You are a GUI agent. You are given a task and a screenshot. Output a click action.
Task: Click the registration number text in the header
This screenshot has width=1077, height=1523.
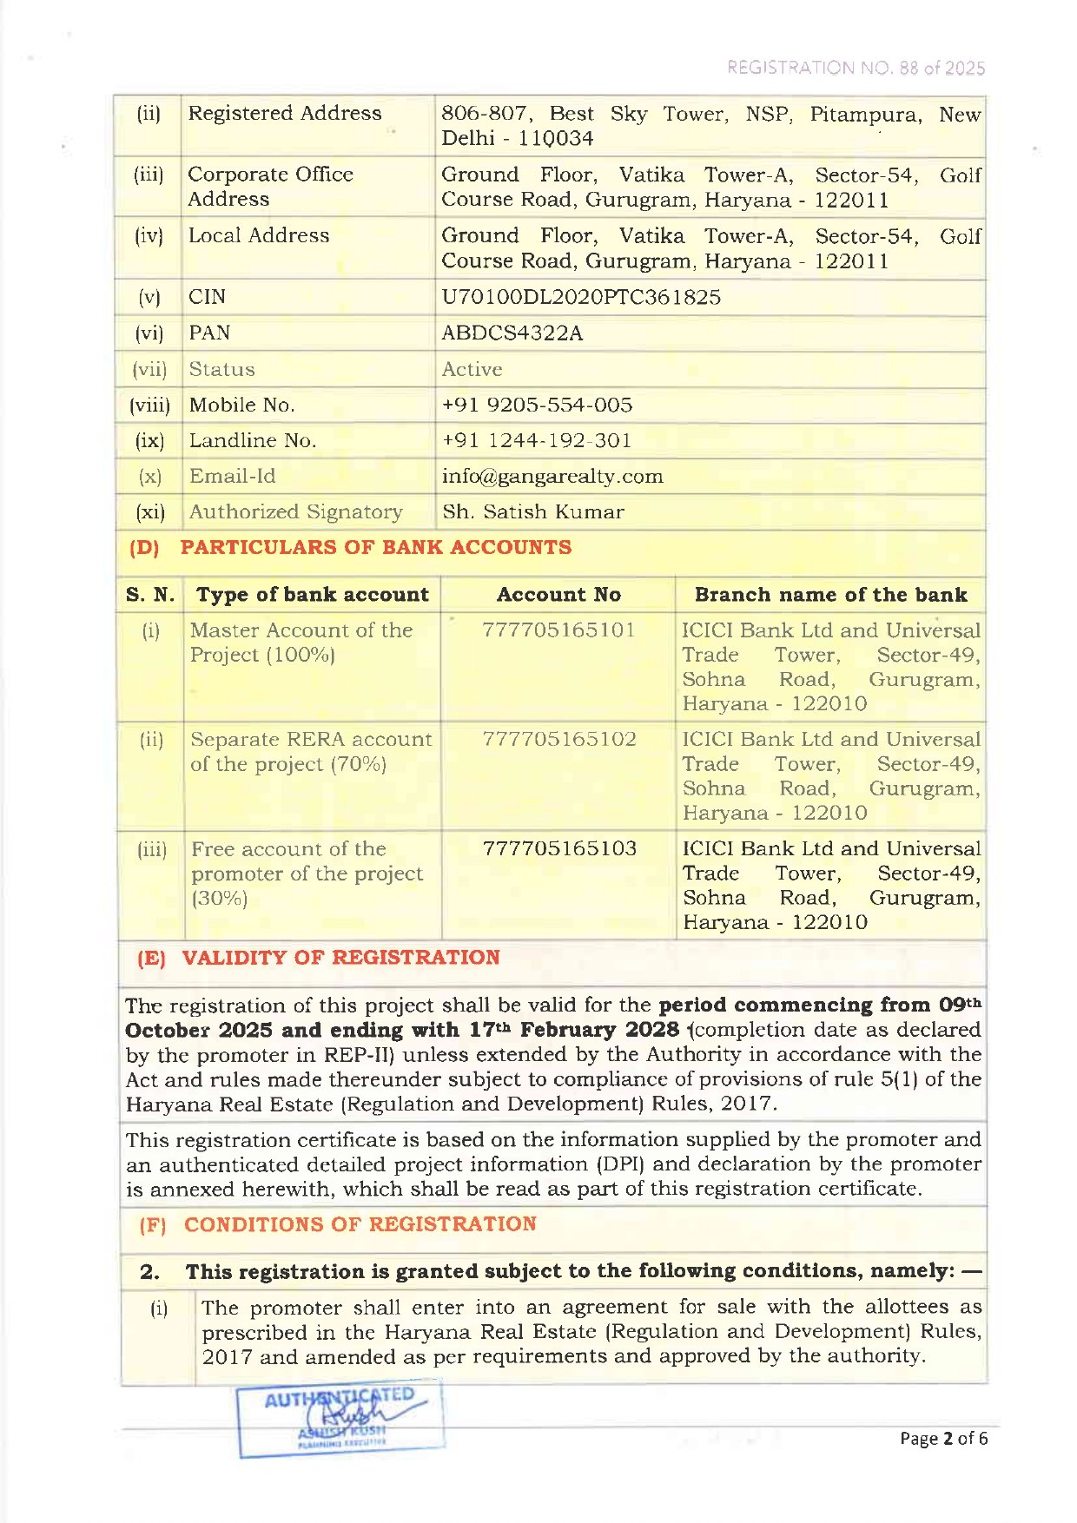tap(856, 68)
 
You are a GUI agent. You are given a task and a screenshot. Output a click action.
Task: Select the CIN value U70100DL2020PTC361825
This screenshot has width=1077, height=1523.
tap(580, 297)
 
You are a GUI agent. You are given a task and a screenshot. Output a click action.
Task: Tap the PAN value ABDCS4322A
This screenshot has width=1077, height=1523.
tap(512, 333)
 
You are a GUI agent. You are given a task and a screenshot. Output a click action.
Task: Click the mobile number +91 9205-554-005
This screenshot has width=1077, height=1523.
tap(537, 405)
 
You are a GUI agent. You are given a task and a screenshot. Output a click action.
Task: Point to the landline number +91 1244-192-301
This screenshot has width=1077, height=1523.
tap(536, 440)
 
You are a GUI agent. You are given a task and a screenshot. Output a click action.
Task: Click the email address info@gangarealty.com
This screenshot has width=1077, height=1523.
tap(552, 476)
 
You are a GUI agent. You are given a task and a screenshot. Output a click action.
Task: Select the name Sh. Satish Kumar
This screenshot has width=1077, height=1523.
tap(532, 511)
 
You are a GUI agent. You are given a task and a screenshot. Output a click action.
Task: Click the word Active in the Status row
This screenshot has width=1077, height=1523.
tap(472, 369)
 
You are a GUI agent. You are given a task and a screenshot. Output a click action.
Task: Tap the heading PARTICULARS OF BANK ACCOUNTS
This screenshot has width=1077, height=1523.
tap(375, 547)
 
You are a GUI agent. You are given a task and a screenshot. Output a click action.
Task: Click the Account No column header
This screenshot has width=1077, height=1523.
tap(558, 595)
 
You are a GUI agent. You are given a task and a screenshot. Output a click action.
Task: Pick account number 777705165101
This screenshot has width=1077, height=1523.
tap(558, 630)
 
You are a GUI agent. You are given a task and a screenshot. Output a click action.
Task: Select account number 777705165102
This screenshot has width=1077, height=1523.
tap(558, 739)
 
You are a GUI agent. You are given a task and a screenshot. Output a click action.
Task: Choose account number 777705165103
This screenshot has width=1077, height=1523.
tap(558, 848)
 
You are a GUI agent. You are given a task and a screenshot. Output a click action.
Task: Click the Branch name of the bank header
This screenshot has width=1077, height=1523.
tap(830, 595)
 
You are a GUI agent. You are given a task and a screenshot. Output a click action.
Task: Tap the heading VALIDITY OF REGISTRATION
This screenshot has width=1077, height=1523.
tap(340, 958)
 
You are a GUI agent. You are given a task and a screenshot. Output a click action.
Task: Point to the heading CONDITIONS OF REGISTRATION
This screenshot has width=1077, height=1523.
tap(360, 1224)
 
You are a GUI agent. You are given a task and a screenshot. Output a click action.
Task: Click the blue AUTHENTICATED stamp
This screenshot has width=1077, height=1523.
tap(340, 1417)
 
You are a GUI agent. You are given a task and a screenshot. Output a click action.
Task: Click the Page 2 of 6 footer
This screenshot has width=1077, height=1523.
tap(943, 1439)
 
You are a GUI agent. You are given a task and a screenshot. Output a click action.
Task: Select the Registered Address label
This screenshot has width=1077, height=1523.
tap(285, 113)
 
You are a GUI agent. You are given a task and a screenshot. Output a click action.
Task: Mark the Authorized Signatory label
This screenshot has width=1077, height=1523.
tap(295, 511)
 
